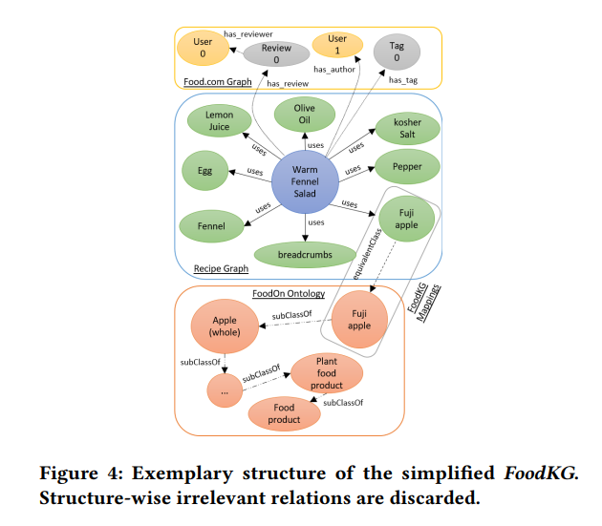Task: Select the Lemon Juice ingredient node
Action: (x=218, y=121)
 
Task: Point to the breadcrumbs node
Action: (x=305, y=256)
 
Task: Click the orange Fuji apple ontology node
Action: (x=358, y=318)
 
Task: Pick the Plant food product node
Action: (x=327, y=374)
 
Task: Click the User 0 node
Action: (x=203, y=48)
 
